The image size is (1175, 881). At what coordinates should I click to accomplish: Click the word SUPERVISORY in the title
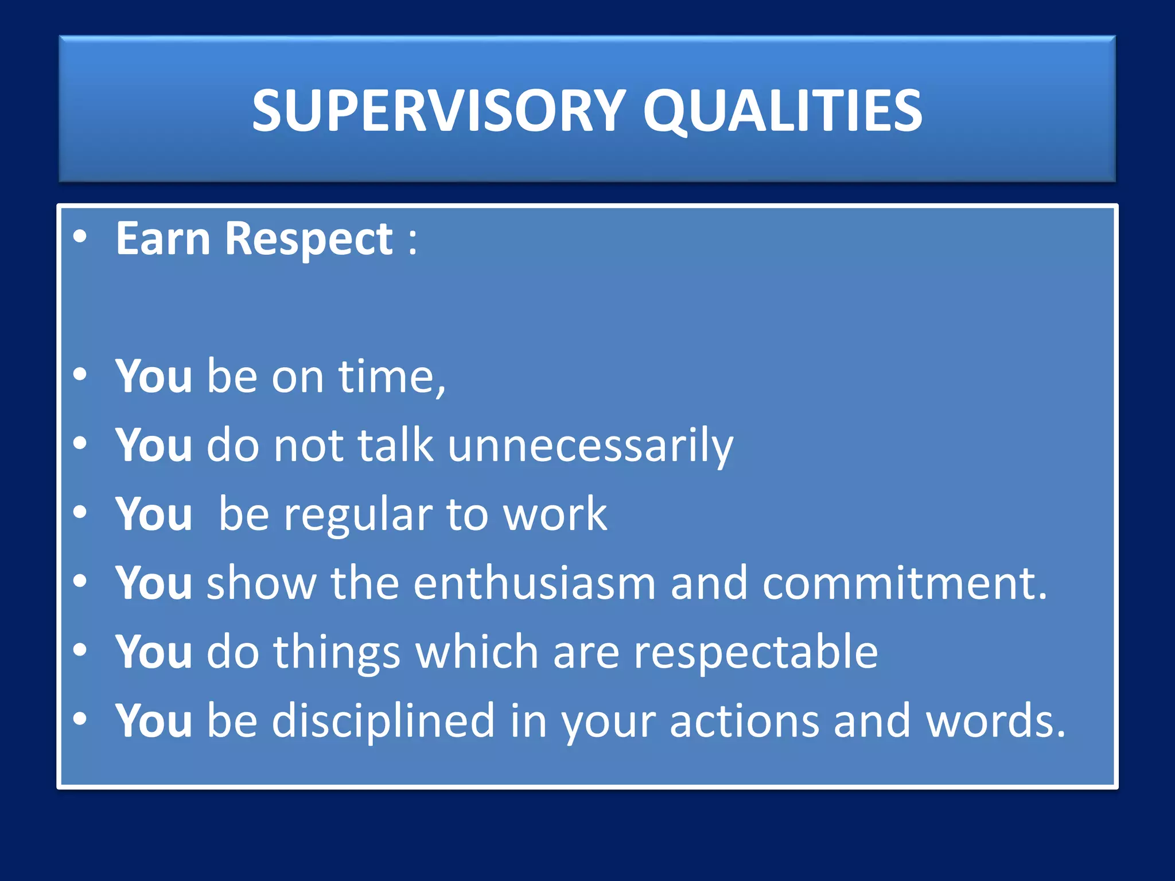(x=439, y=110)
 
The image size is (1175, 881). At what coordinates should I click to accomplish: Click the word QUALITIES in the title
(x=782, y=110)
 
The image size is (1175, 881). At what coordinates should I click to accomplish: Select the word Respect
(x=309, y=239)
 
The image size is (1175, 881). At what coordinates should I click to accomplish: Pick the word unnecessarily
(x=590, y=446)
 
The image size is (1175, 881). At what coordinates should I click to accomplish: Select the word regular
(x=358, y=514)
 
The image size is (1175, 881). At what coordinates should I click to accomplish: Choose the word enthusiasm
(x=534, y=583)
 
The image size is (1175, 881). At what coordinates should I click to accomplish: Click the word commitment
(x=898, y=583)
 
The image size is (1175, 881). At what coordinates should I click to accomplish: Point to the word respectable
(x=756, y=652)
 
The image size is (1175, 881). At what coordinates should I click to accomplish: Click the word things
(x=336, y=652)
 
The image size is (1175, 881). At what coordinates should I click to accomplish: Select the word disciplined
(x=383, y=721)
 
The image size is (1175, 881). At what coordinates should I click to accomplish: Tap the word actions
(x=744, y=721)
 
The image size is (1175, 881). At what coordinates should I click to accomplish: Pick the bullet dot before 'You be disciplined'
(x=80, y=718)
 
